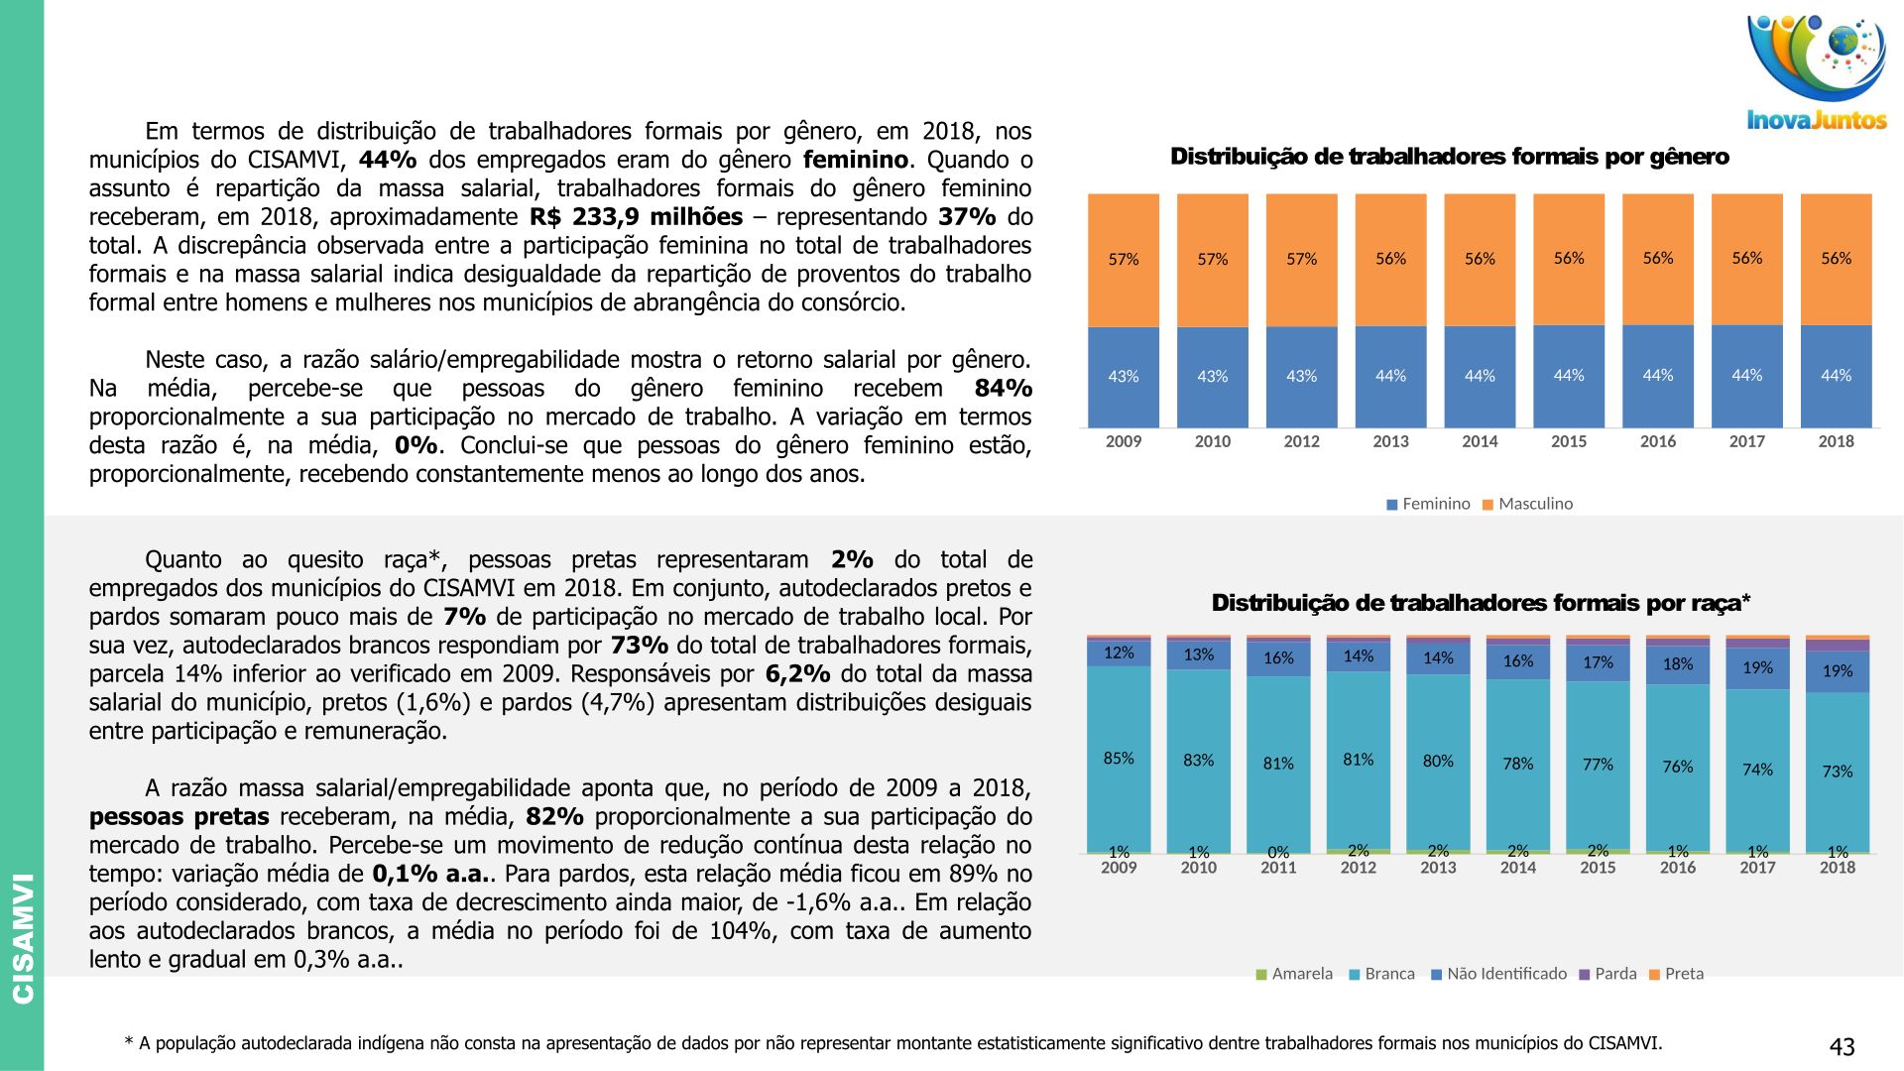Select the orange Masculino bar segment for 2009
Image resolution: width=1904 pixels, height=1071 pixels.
[1123, 260]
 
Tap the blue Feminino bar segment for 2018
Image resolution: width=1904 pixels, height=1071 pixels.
[1836, 376]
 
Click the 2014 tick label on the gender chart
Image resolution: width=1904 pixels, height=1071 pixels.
[1480, 442]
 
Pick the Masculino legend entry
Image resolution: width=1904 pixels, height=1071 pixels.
[1527, 504]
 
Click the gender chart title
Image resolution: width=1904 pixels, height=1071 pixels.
[1449, 157]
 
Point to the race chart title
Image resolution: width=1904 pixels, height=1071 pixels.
[1481, 603]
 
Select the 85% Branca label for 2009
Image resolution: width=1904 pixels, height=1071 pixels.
[1119, 759]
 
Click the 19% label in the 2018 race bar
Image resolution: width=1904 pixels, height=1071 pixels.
[1837, 671]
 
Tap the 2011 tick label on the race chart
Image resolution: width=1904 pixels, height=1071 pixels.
[1278, 868]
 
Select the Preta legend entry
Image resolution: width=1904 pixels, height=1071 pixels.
[1676, 974]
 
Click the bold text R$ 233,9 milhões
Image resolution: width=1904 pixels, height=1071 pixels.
[636, 217]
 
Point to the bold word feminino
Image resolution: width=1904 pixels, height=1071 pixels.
[855, 160]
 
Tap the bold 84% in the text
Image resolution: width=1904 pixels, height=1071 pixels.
[1003, 389]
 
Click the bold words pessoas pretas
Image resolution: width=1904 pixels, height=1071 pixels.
[178, 818]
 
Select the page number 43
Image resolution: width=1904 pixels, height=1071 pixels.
[1842, 1047]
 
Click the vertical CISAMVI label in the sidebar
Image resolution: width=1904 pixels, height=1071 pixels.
[22, 937]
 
